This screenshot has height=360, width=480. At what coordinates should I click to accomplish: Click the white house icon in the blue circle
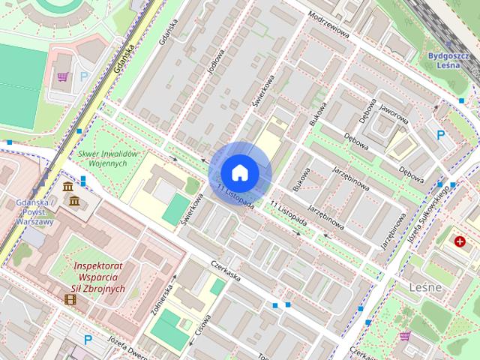[240, 172]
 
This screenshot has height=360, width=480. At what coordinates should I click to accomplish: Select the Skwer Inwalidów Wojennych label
[109, 160]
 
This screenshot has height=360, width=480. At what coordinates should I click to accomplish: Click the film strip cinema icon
[70, 300]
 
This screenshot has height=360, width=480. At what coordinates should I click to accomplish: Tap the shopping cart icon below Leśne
[405, 336]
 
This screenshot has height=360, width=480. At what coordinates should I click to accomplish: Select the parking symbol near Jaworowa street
[441, 135]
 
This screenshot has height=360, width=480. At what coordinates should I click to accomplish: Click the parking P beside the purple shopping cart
[84, 76]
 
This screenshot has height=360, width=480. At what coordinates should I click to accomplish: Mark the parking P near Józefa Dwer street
[88, 340]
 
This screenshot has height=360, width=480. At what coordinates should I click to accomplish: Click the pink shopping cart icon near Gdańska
[64, 76]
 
